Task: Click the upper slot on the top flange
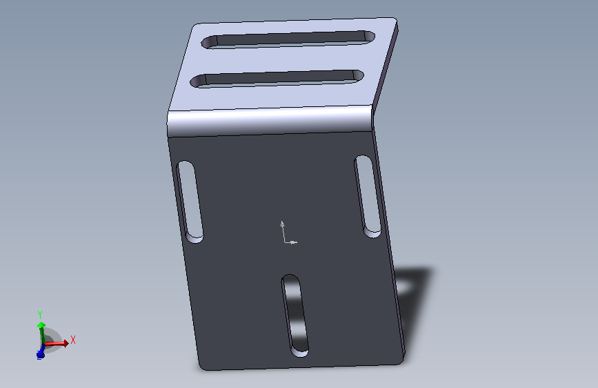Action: [x=288, y=39]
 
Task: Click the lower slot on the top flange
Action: [x=277, y=79]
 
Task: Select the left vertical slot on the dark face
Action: [x=190, y=202]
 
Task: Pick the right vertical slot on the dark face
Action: [x=368, y=196]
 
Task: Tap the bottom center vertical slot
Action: [x=295, y=316]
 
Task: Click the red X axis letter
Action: [x=73, y=340]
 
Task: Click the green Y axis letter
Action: [x=40, y=315]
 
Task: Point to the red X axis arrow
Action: [x=56, y=344]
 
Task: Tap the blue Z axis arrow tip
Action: [x=40, y=355]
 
